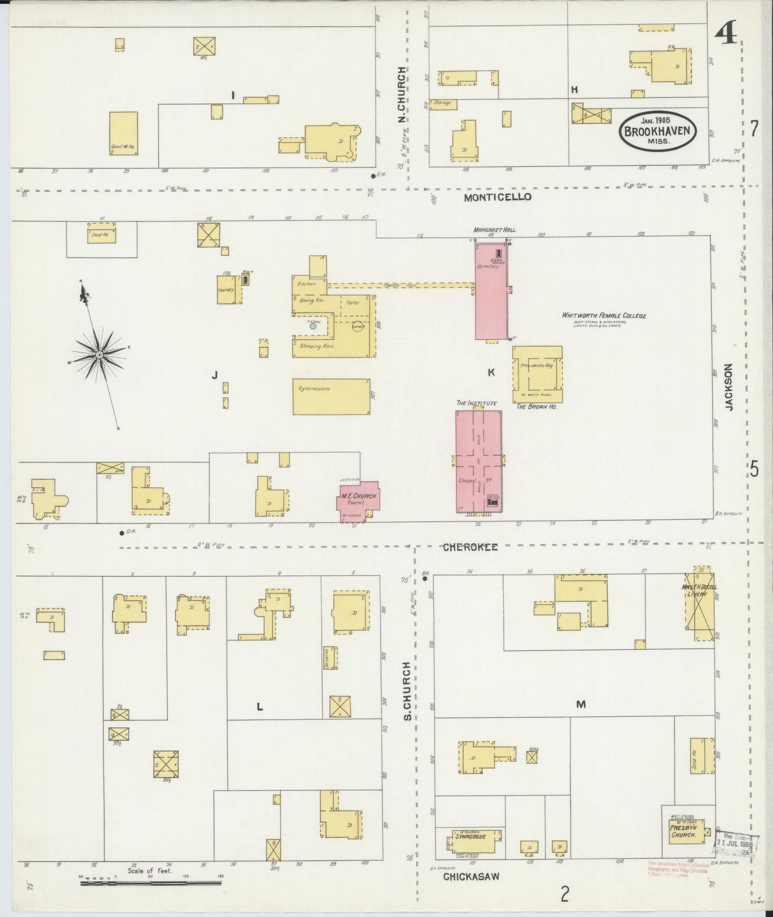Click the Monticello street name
498,197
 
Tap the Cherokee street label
470,547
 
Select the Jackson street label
729,387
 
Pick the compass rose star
100,355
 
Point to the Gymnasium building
331,396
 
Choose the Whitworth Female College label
603,315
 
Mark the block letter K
491,373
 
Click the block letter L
259,707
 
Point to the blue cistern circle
313,325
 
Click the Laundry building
227,289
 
